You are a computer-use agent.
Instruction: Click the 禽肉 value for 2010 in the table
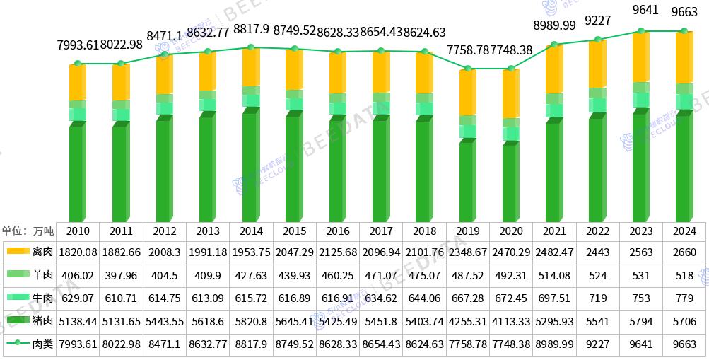(x=78, y=252)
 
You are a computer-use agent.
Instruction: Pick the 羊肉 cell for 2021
(x=554, y=275)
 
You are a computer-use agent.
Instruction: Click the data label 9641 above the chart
(x=641, y=11)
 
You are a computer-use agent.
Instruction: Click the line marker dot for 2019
(x=467, y=69)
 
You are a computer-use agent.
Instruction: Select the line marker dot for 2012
(x=165, y=54)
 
